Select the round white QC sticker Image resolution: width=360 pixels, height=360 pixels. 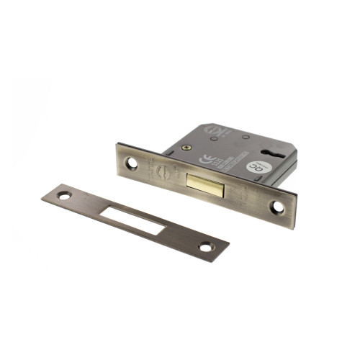point(255,167)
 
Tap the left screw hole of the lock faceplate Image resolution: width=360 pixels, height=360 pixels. point(132,163)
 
